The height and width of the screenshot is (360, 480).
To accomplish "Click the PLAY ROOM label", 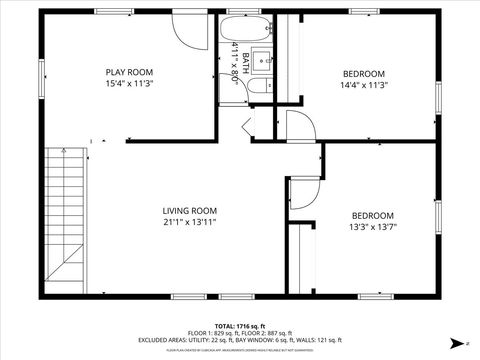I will click(128, 71).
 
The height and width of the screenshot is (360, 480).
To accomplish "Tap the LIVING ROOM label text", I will click(190, 210).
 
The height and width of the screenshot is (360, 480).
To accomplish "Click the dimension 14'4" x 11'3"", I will click(363, 86).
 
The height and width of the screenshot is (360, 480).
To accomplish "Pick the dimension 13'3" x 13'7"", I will click(371, 227).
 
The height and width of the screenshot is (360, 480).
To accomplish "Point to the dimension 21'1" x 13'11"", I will click(190, 222).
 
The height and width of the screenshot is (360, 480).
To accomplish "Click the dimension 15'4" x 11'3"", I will click(128, 84).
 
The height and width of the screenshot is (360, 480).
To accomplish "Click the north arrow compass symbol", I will click(453, 343).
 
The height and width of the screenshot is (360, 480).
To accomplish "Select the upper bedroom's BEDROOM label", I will click(364, 74).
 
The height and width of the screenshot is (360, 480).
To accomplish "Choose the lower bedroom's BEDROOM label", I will click(372, 215).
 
